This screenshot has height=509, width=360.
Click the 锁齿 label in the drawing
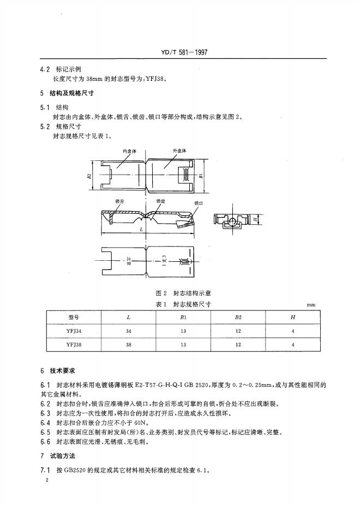click(x=161, y=201)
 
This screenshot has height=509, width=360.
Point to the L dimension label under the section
click(x=141, y=230)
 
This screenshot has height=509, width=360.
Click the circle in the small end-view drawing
click(x=231, y=221)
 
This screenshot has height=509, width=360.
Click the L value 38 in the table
click(x=128, y=345)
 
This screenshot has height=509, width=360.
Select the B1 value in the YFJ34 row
click(x=183, y=331)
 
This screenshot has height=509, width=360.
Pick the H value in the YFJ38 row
click(x=293, y=345)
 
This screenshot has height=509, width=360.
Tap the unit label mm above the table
click(x=311, y=306)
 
